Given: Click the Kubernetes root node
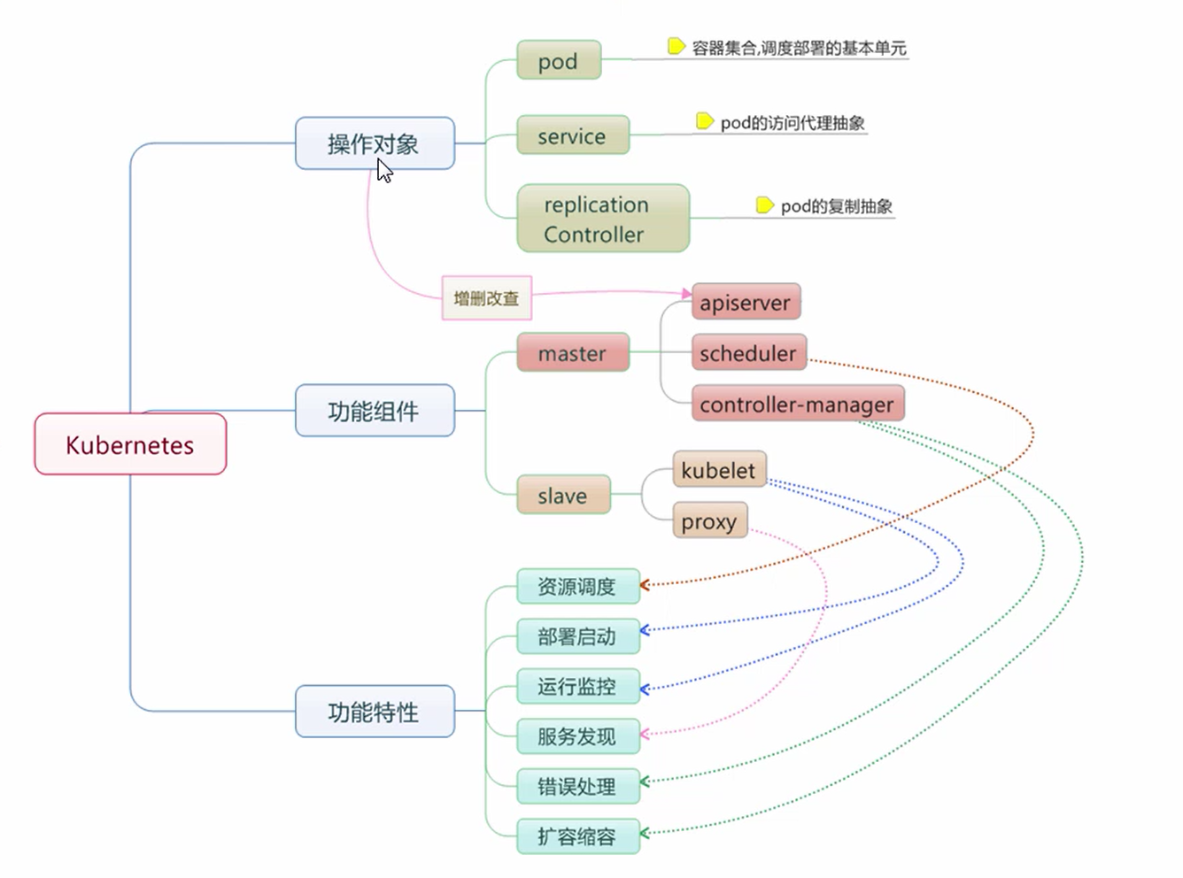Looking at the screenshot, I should point(130,444).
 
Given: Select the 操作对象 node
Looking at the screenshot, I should point(375,143).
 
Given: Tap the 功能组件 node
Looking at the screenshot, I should point(375,411).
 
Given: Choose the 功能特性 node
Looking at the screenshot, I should point(375,712).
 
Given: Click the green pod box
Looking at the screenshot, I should point(559,61).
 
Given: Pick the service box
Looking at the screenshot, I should point(572,135).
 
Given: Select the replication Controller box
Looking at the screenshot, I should point(602,219).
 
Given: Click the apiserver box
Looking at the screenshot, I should point(746,303).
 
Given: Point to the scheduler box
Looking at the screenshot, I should point(748,353).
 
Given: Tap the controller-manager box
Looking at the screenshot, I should point(797,404).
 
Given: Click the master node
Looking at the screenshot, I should point(572,353).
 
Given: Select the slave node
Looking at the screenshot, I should point(563,496).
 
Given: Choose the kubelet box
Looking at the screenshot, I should point(718,470).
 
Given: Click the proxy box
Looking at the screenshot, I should point(709,521).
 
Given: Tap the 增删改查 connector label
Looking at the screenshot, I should point(486,298).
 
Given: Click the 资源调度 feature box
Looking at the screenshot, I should point(577,586).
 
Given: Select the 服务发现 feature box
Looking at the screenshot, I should point(577,736).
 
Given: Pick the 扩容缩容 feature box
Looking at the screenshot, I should point(577,836).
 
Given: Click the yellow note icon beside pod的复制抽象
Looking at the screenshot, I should point(764,205).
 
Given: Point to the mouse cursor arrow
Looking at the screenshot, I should point(383,169).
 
